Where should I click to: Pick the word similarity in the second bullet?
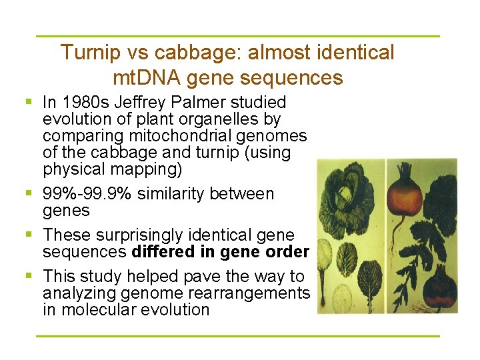tap(175, 194)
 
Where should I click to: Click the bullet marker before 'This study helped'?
tap(29, 276)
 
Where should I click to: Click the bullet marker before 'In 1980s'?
tap(29, 103)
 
